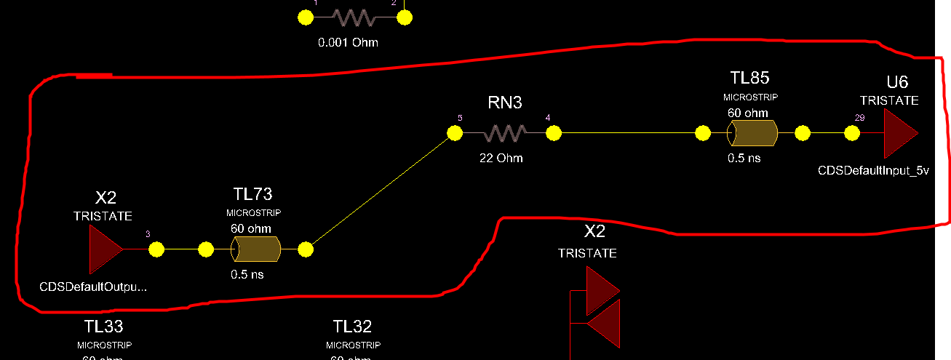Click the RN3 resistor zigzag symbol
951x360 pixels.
tap(505, 133)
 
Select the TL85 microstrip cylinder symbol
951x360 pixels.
tap(752, 134)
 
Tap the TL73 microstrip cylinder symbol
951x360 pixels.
tap(256, 250)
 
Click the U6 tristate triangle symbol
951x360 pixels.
tap(900, 134)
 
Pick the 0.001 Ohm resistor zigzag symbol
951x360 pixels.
tap(353, 17)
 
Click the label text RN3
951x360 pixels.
tap(505, 103)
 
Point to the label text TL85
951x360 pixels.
tap(749, 77)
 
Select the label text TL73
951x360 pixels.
tap(253, 193)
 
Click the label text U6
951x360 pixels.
tap(897, 81)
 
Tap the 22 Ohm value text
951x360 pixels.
tap(501, 158)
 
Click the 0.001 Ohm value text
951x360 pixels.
tap(348, 43)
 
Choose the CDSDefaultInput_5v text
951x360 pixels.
tap(874, 171)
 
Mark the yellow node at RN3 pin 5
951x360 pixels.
tap(455, 133)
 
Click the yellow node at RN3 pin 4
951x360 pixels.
tap(554, 133)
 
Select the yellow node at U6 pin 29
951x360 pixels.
tap(852, 134)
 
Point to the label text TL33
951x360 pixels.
tap(104, 326)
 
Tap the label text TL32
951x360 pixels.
tap(352, 326)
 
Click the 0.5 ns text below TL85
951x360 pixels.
tap(744, 158)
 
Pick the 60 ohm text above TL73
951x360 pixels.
tap(251, 229)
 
